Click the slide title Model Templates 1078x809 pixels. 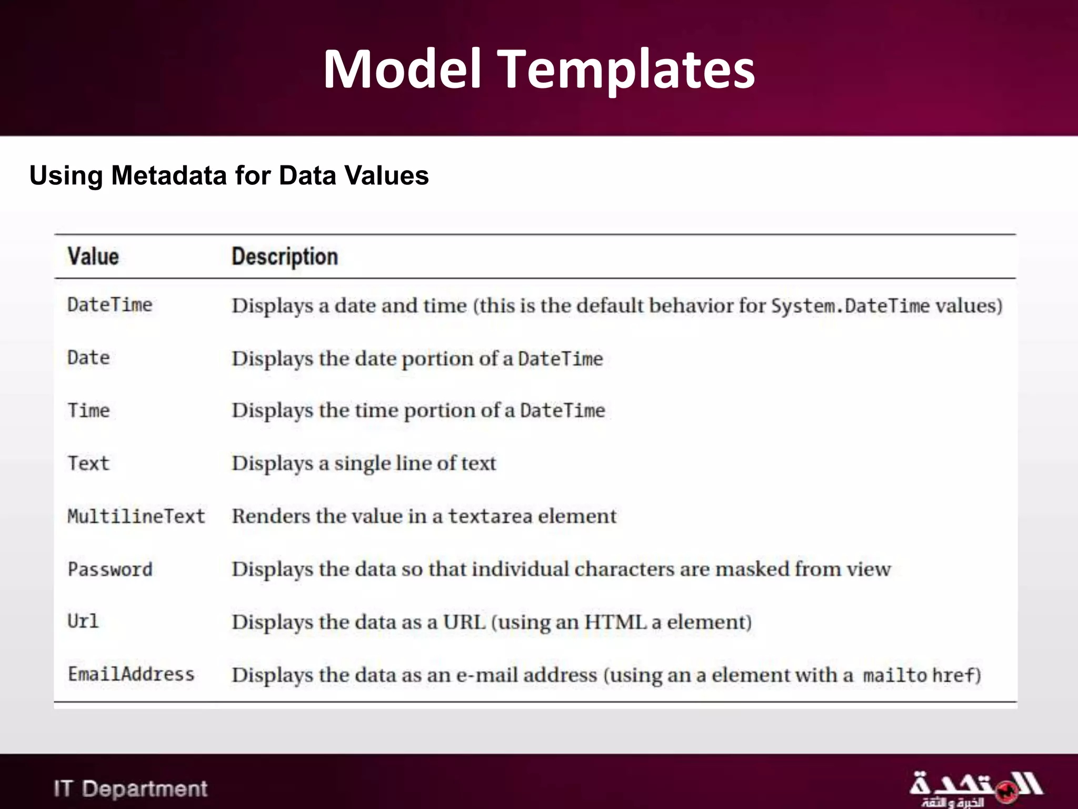coord(539,70)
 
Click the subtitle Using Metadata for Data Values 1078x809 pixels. coord(229,175)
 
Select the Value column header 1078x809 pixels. coord(93,256)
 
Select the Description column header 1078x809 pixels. coord(285,256)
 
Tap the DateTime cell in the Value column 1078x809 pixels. coord(109,305)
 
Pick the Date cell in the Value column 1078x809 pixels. coord(88,358)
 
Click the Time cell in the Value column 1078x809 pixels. coord(88,410)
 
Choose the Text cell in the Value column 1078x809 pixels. coord(88,463)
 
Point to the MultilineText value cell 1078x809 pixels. coord(136,516)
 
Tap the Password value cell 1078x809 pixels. coord(110,569)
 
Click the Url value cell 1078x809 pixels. coord(83,621)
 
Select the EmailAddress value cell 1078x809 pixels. coord(131,674)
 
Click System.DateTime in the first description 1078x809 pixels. coord(850,306)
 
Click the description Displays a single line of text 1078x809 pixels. coord(364,463)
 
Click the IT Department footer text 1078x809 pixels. coord(131,788)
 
